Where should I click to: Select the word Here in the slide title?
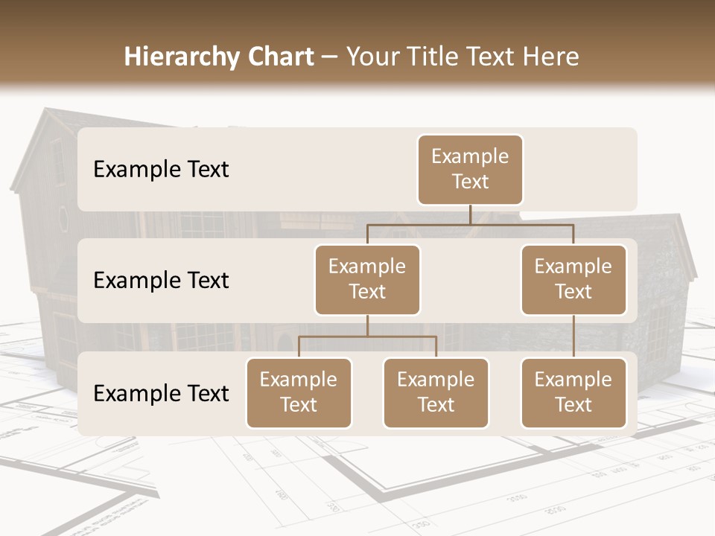coord(550,57)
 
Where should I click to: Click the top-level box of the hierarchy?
coord(470,169)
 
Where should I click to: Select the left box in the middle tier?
coord(367,279)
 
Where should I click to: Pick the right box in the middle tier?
coord(573,279)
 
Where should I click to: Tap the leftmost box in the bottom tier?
coord(299,392)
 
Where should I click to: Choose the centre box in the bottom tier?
coord(436,392)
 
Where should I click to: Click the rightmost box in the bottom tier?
coord(573,392)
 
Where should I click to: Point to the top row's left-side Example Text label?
coord(161,169)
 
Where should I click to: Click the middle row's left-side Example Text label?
coord(161,280)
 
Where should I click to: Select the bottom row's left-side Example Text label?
coord(161,393)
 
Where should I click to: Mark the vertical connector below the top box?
coord(470,214)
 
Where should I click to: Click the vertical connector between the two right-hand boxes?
coord(573,336)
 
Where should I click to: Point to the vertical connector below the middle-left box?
coord(367,325)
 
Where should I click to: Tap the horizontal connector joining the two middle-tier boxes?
coord(470,224)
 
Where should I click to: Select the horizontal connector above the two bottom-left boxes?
coord(367,336)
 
